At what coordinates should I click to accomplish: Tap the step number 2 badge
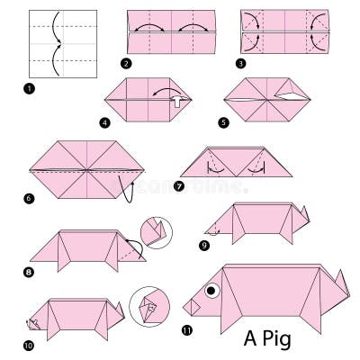pos(126,65)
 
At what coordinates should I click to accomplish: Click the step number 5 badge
pos(222,123)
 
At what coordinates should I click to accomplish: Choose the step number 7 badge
pos(180,186)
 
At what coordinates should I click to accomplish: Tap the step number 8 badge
pos(30,270)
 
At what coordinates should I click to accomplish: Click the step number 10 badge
pos(30,344)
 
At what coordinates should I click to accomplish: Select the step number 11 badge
pos(187,329)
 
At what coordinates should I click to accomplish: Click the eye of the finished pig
pos(212,291)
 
